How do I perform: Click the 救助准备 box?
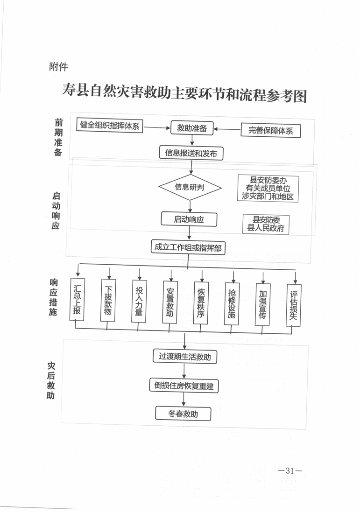[192, 128]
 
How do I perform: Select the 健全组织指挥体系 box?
[110, 125]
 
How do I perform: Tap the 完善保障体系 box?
[270, 131]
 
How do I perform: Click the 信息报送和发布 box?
[191, 153]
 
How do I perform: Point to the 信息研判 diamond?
[190, 187]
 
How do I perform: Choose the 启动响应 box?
[189, 219]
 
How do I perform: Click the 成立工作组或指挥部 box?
[188, 247]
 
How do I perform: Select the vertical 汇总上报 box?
[77, 299]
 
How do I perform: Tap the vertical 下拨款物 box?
[108, 300]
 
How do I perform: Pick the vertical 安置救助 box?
[170, 302]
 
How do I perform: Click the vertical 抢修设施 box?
[232, 304]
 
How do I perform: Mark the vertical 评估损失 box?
[294, 305]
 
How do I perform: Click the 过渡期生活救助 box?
[185, 356]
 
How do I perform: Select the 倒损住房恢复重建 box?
[184, 386]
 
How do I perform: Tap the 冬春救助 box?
[183, 414]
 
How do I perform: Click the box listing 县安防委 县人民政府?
[266, 224]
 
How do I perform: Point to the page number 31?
[289, 471]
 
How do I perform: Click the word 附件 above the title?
[58, 67]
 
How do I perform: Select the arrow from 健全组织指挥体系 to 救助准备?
[157, 127]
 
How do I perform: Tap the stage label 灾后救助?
[51, 380]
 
